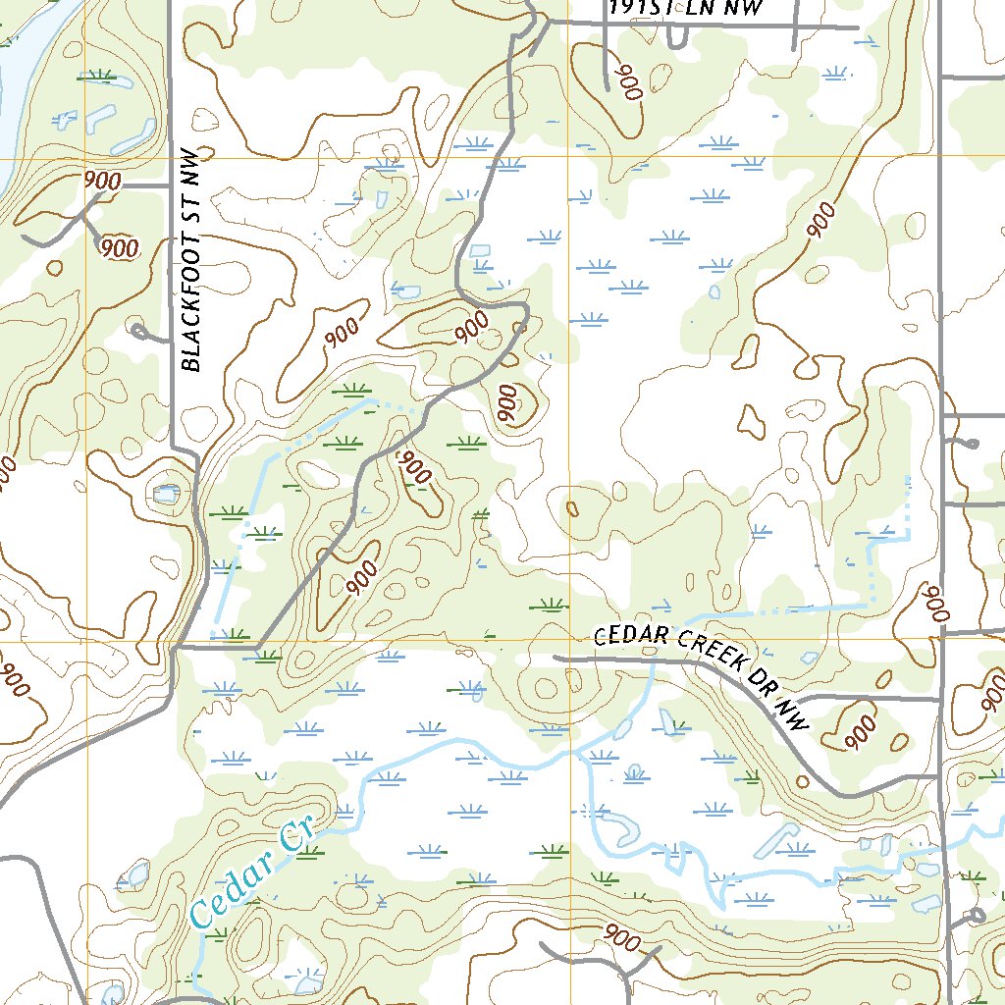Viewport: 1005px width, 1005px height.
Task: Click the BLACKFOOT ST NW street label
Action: tap(193, 260)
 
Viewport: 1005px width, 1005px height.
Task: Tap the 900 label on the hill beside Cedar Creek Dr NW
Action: tap(861, 730)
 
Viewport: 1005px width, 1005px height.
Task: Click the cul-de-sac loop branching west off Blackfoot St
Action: tap(138, 331)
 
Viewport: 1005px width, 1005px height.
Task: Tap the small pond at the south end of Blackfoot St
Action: tap(166, 492)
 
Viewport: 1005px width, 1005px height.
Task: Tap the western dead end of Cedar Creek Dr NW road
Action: tap(555, 659)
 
